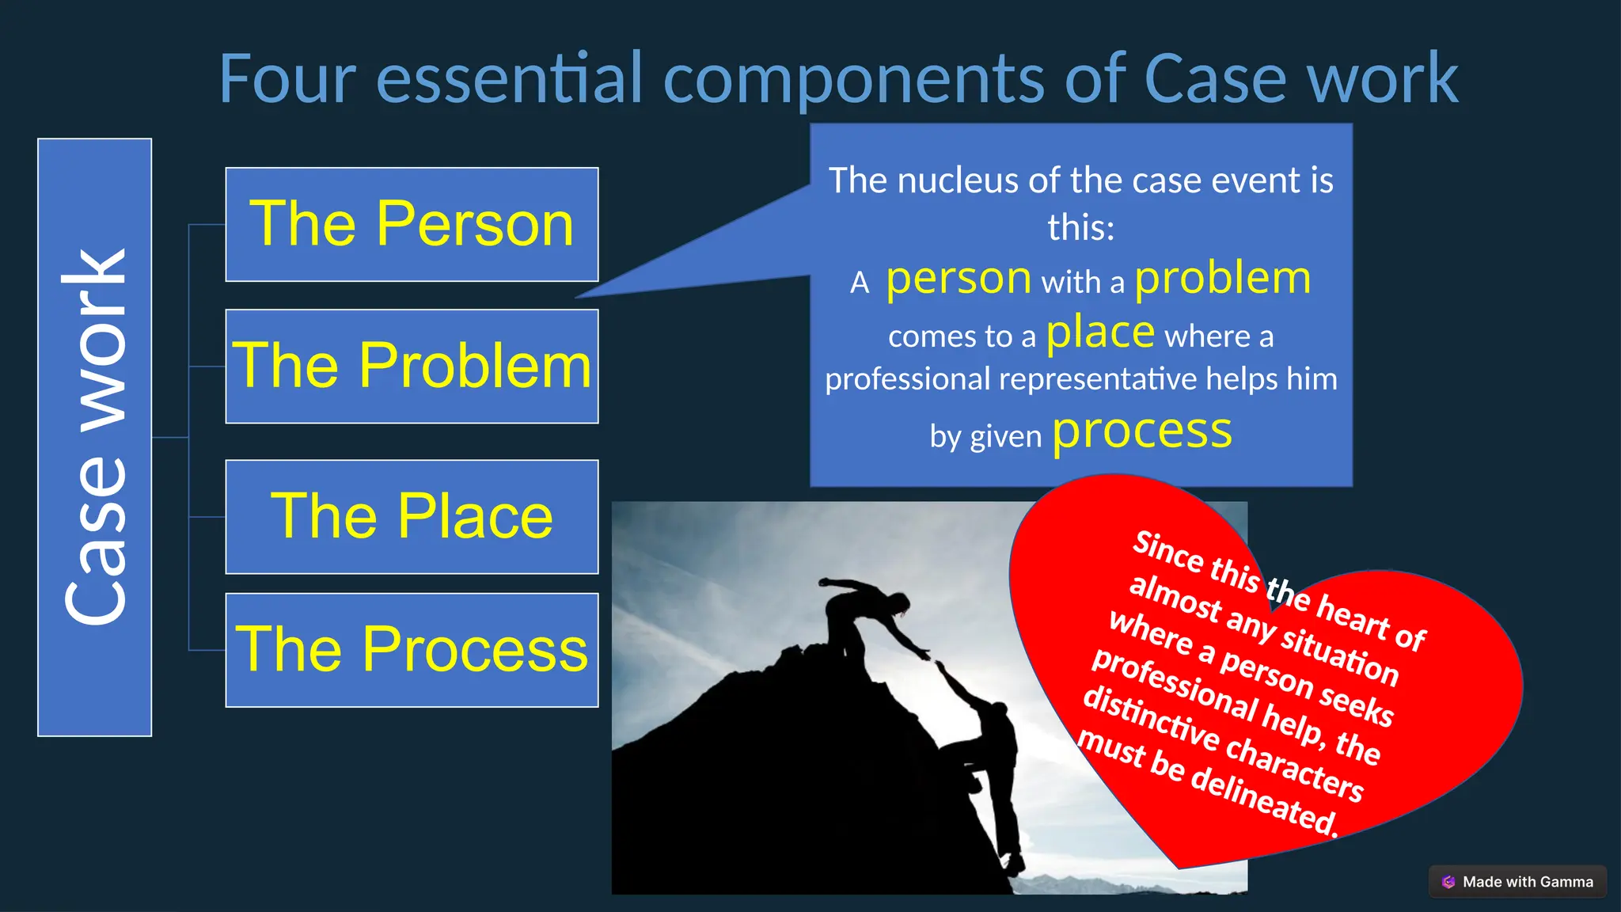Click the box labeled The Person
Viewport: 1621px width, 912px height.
(x=412, y=224)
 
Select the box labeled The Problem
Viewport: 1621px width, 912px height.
(x=412, y=366)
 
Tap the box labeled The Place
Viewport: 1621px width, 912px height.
(x=412, y=516)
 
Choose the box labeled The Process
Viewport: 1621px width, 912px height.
(x=412, y=649)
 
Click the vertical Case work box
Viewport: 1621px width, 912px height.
(x=94, y=437)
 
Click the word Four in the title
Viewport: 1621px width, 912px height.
(x=287, y=79)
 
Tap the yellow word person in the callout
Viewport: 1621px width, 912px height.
(x=958, y=279)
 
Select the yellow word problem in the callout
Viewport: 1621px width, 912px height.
(x=1222, y=279)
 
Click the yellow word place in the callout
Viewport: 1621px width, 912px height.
(x=1099, y=332)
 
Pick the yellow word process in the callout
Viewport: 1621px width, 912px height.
(x=1141, y=432)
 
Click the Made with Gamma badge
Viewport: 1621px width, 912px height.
(x=1517, y=881)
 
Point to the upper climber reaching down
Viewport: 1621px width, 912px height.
(x=863, y=614)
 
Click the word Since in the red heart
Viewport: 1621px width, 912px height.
(x=1168, y=551)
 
